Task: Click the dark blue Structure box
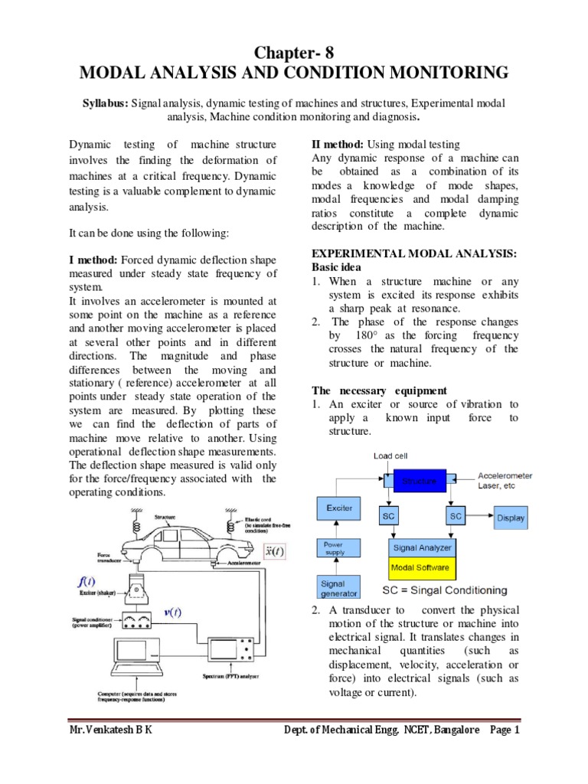tap(416, 482)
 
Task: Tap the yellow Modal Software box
tap(423, 568)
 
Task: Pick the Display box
tap(511, 518)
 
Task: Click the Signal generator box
tap(338, 587)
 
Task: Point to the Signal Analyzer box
tap(423, 547)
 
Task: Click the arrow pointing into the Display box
tap(482, 518)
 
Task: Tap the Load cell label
tap(390, 456)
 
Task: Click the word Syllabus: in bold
tap(106, 102)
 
